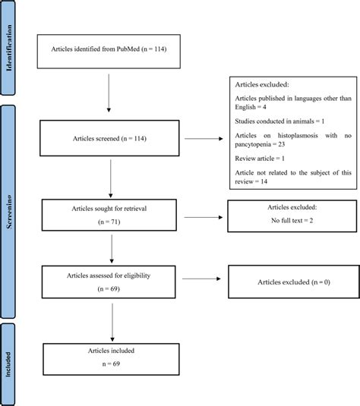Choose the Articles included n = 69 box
click(x=112, y=357)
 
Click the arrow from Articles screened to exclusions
click(x=205, y=139)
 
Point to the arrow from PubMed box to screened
click(x=112, y=93)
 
